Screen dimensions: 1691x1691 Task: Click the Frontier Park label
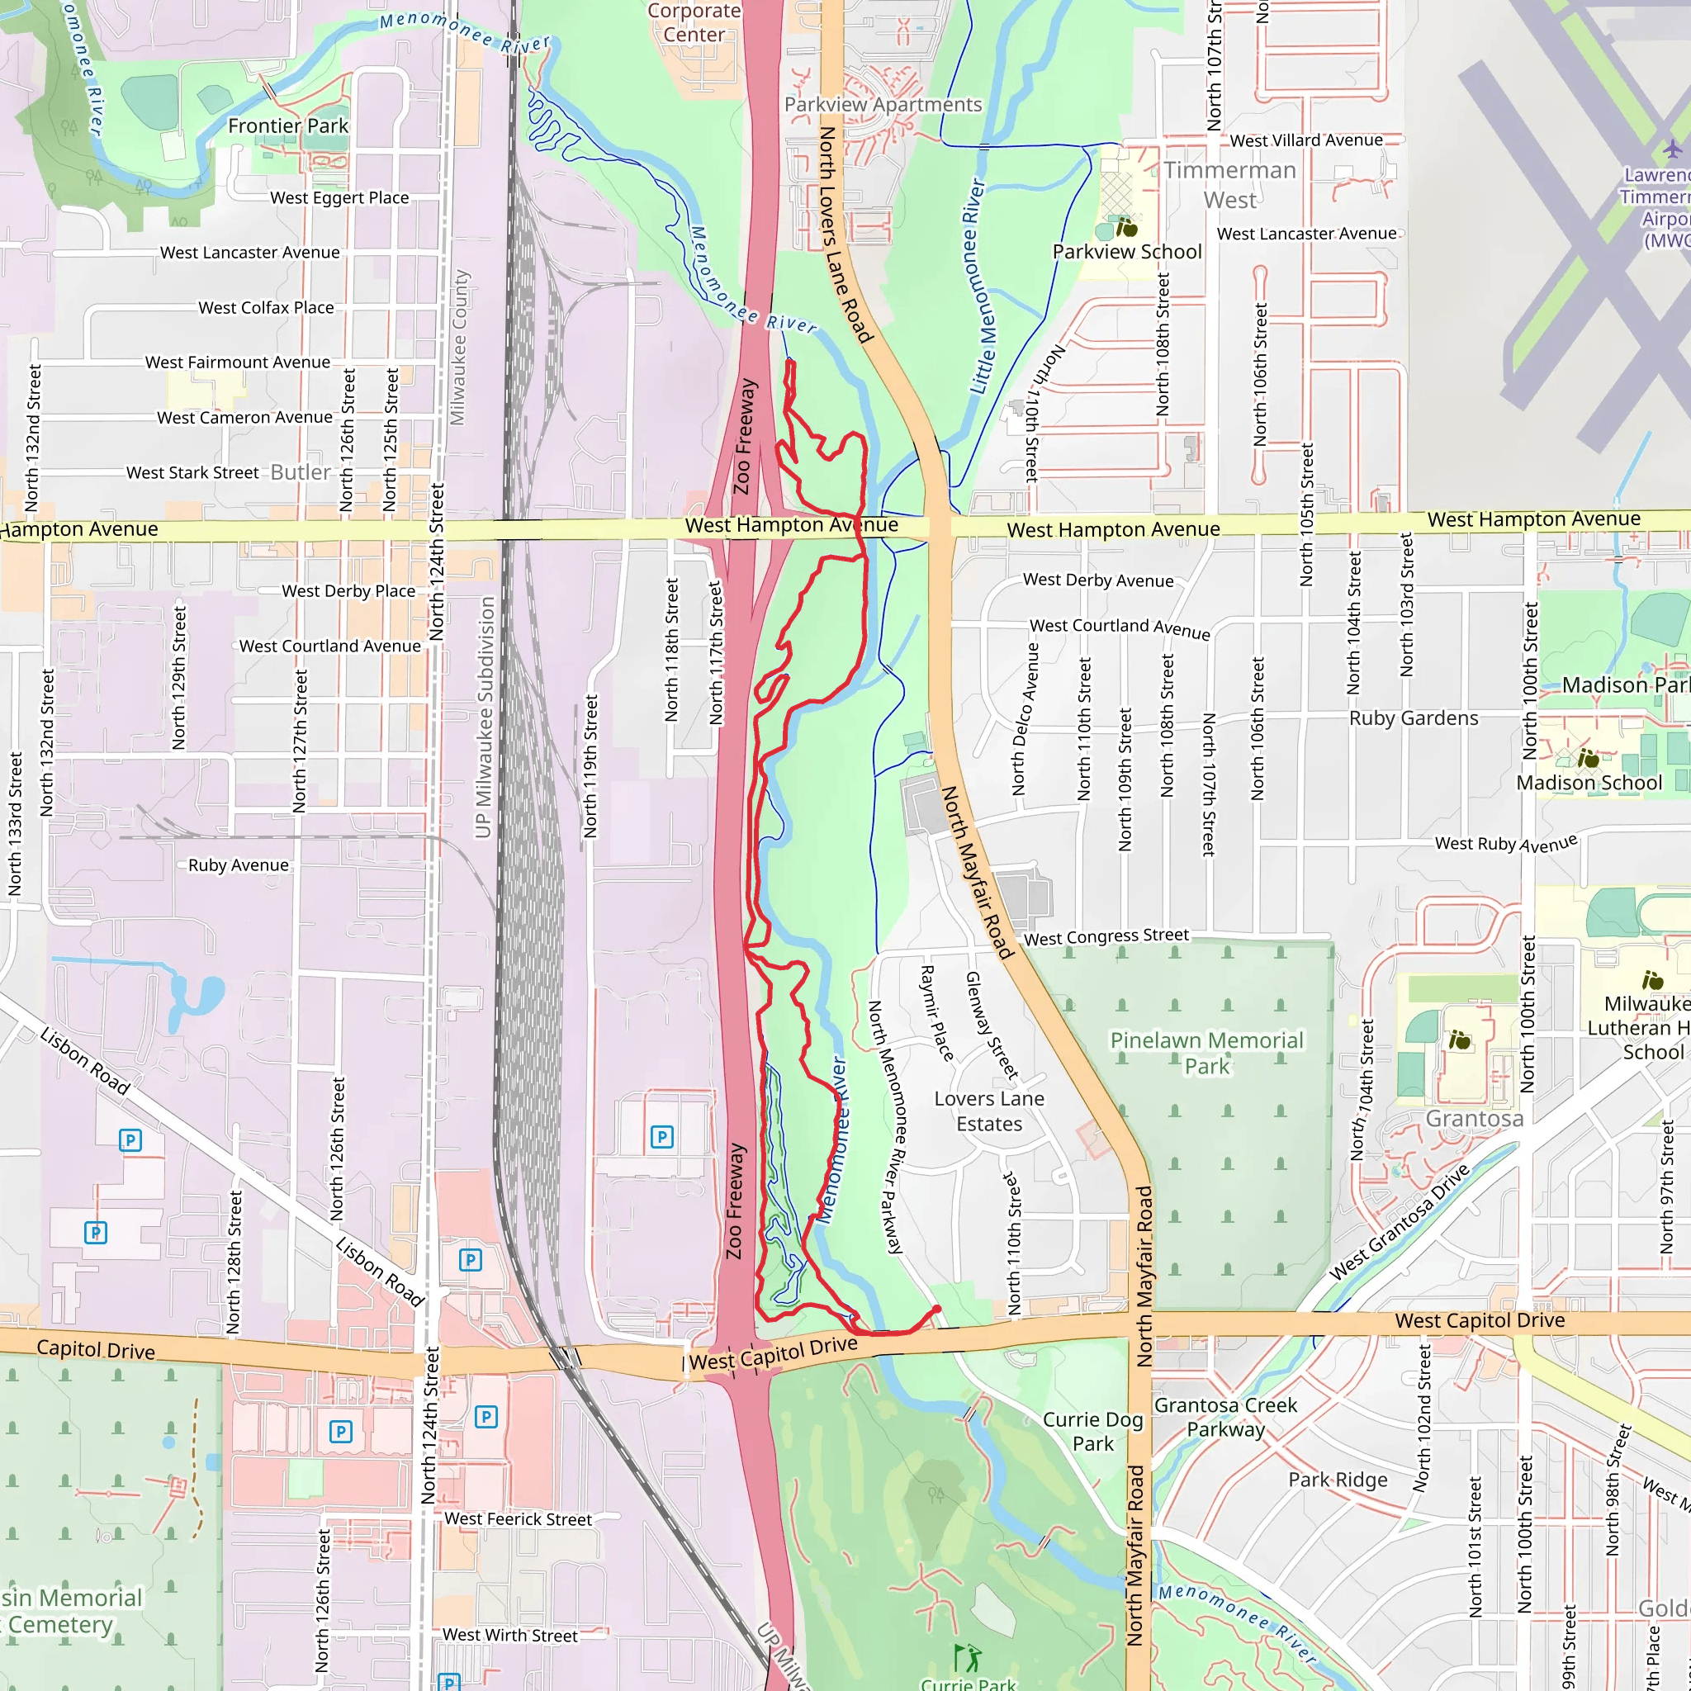tap(288, 126)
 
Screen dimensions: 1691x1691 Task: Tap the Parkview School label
tap(1126, 252)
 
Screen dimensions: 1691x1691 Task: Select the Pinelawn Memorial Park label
tap(1206, 1053)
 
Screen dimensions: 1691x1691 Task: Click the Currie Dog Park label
tap(1092, 1432)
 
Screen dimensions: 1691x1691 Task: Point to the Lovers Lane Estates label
tap(989, 1111)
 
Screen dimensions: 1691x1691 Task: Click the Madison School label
tap(1589, 783)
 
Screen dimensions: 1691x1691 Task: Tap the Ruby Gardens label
tap(1413, 718)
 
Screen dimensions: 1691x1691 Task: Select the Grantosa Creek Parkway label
tap(1225, 1417)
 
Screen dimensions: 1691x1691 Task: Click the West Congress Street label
tap(1106, 937)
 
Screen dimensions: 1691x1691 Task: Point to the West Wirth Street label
tap(509, 1635)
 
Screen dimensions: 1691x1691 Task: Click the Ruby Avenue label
tap(238, 864)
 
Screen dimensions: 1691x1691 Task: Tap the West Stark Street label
tap(192, 472)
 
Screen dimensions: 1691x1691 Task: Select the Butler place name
tap(301, 471)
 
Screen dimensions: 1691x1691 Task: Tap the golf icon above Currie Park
tap(966, 1657)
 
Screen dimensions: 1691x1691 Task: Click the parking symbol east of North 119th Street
tap(661, 1137)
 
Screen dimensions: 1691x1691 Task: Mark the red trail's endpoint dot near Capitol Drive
tap(936, 1310)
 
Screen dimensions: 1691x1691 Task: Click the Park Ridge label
tap(1338, 1480)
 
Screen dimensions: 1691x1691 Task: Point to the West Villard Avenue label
tap(1306, 140)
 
